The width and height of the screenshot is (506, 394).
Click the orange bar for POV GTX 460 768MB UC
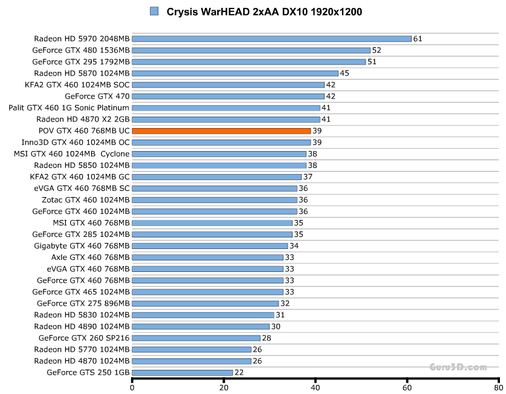coord(221,131)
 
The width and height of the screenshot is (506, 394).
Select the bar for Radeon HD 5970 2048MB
coord(271,39)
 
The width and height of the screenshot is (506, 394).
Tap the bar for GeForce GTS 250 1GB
coord(182,372)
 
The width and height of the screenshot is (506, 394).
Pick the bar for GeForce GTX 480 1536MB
coord(251,50)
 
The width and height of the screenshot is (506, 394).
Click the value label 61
coord(418,39)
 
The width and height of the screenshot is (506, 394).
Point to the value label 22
coord(239,372)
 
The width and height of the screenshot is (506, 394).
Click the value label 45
coord(345,73)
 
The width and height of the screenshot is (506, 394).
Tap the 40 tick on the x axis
coord(316,387)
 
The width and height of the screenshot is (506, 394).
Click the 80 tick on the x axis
coord(498,387)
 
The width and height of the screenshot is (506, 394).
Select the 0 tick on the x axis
coord(132,387)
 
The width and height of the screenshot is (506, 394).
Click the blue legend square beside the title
coord(154,11)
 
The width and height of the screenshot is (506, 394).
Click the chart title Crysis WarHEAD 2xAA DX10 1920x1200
coord(264,11)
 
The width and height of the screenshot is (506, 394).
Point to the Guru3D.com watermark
coord(458,367)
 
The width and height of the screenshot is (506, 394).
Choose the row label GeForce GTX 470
coord(97,96)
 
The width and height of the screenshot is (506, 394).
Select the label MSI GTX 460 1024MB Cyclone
coord(72,153)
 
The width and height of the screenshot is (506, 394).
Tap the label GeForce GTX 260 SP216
coord(84,338)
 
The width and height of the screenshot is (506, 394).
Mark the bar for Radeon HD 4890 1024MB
coord(201,326)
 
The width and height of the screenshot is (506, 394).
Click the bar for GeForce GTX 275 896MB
coord(206,303)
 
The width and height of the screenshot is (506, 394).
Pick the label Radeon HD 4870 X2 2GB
coord(83,119)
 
